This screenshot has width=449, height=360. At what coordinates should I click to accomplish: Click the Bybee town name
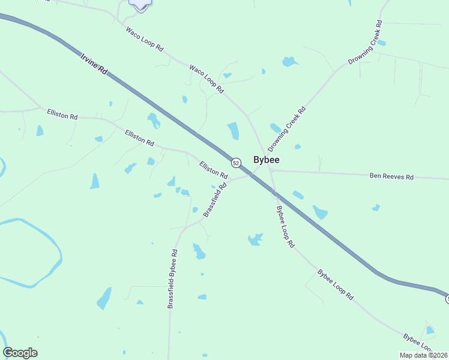[x=267, y=160]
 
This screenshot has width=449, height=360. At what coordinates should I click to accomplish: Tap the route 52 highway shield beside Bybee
[x=236, y=163]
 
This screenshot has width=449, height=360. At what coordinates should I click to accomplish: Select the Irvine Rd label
[x=93, y=64]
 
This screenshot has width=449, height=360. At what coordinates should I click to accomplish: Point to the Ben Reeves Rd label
[x=391, y=177]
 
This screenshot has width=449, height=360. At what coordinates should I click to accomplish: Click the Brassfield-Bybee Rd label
[x=173, y=280]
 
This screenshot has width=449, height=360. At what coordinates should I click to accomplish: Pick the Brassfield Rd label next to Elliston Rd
[x=215, y=200]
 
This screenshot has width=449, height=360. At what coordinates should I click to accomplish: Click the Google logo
[x=20, y=353]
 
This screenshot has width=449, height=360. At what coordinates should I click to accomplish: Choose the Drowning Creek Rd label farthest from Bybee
[x=365, y=43]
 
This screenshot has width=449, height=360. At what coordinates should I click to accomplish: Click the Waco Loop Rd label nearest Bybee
[x=206, y=79]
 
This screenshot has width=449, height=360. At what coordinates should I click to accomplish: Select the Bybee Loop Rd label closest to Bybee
[x=285, y=227]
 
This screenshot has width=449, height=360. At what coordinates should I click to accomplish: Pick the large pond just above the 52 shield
[x=233, y=131]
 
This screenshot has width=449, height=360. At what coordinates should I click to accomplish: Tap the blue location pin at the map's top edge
[x=140, y=4]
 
